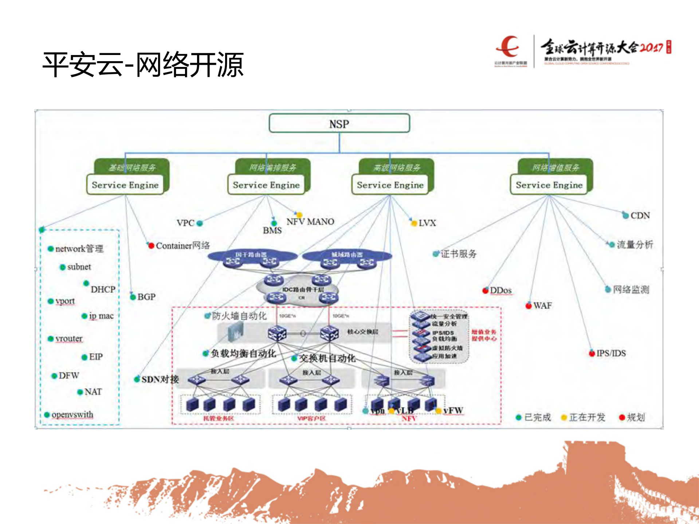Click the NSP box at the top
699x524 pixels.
coord(339,124)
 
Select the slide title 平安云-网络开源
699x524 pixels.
coord(143,65)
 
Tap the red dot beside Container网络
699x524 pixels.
coord(151,245)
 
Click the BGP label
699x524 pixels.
coord(146,297)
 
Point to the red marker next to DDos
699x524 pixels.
coord(485,290)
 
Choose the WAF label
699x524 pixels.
coord(542,306)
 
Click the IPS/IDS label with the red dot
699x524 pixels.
coord(611,353)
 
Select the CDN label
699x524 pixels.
coord(640,216)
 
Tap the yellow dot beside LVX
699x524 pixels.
coord(414,223)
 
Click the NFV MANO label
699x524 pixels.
coord(310,221)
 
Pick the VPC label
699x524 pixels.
coord(185,223)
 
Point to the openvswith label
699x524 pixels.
coord(72,414)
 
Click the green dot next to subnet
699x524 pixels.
coord(63,267)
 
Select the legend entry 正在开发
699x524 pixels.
coord(587,417)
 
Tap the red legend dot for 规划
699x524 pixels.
coord(622,417)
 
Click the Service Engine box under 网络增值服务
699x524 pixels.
coord(549,185)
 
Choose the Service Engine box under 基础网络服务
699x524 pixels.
coord(125,185)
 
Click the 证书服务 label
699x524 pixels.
coord(459,254)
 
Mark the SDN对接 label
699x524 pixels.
coord(160,379)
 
